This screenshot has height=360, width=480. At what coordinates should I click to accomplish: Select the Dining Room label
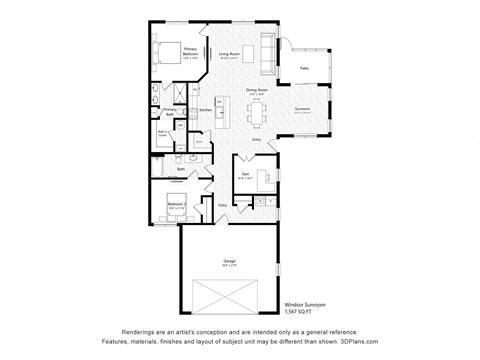(257, 90)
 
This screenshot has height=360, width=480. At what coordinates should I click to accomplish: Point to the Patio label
(304, 68)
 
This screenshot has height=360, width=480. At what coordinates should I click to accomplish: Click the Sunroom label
(303, 109)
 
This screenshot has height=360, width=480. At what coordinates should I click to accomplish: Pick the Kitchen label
(205, 109)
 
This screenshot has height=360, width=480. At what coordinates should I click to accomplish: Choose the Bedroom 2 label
(176, 204)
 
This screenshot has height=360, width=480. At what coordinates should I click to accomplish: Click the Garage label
(228, 263)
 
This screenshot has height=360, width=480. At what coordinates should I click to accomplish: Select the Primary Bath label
(170, 112)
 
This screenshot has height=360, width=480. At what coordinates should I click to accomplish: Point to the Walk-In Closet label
(163, 131)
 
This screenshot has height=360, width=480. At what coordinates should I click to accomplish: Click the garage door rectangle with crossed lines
(228, 298)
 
